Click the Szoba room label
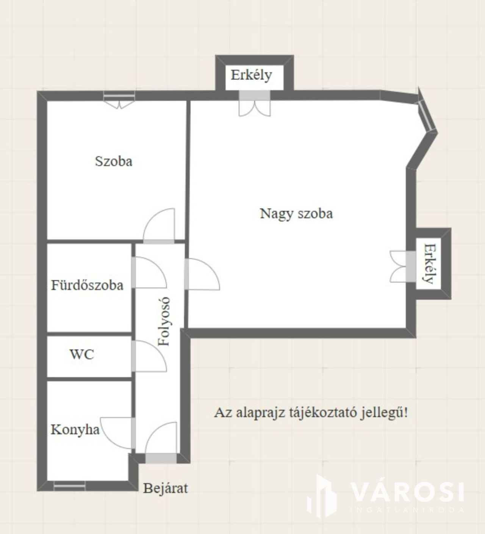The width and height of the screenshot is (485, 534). pos(114,161)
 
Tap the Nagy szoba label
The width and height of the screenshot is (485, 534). pos(296,214)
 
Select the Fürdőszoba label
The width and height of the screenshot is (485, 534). pos(87,285)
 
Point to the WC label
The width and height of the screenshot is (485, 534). pos(82,355)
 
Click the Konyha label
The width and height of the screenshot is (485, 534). pos(75,430)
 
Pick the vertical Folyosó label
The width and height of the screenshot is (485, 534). pos(164,321)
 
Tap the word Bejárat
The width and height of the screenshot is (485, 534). pos(166,488)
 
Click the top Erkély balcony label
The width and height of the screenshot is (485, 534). pos(251,75)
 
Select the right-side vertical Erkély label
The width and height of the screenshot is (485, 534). pos(429,264)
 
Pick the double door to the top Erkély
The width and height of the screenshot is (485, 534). pos(255,104)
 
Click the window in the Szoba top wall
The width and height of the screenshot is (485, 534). pos(119,96)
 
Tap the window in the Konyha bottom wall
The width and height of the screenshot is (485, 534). pos(69,486)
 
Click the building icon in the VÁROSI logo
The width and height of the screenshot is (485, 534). pos(322,496)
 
